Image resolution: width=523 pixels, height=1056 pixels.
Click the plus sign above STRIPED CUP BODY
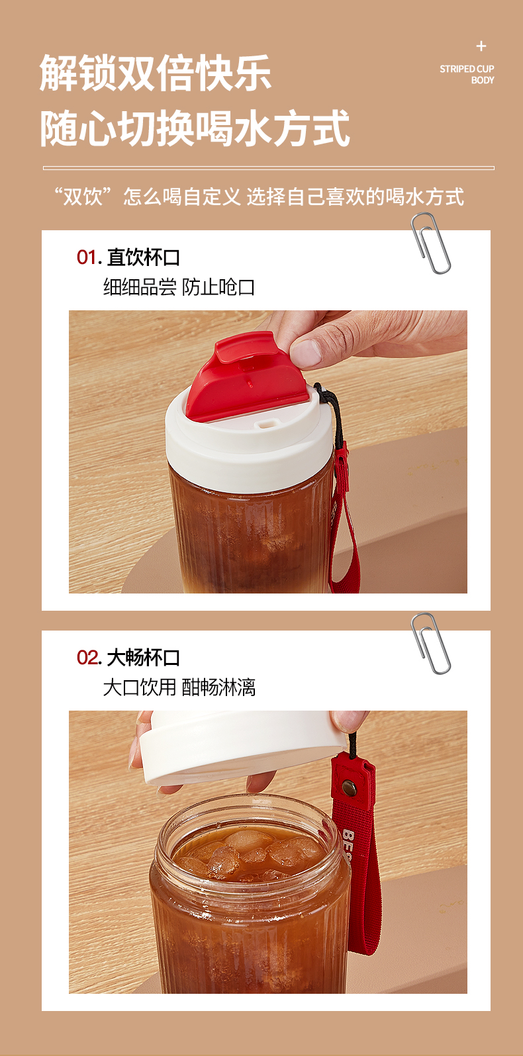pyautogui.click(x=481, y=46)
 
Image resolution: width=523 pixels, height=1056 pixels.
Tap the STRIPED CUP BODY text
pyautogui.click(x=467, y=75)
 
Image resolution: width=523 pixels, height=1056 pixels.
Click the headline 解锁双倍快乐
pyautogui.click(x=155, y=73)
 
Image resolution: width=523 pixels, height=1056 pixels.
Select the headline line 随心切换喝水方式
pyautogui.click(x=195, y=128)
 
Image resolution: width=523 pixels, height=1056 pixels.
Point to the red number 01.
pyautogui.click(x=87, y=257)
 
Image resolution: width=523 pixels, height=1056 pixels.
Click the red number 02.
pyautogui.click(x=87, y=658)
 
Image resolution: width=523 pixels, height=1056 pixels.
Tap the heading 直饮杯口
pyautogui.click(x=144, y=257)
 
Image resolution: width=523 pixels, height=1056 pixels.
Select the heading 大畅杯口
pyautogui.click(x=144, y=658)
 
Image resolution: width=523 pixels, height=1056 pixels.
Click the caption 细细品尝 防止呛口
pyautogui.click(x=179, y=287)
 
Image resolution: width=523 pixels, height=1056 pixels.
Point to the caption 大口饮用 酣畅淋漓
pyautogui.click(x=179, y=687)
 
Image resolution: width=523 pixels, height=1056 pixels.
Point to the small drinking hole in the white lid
pyautogui.click(x=265, y=424)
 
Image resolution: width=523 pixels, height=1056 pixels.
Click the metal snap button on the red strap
pyautogui.click(x=348, y=786)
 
